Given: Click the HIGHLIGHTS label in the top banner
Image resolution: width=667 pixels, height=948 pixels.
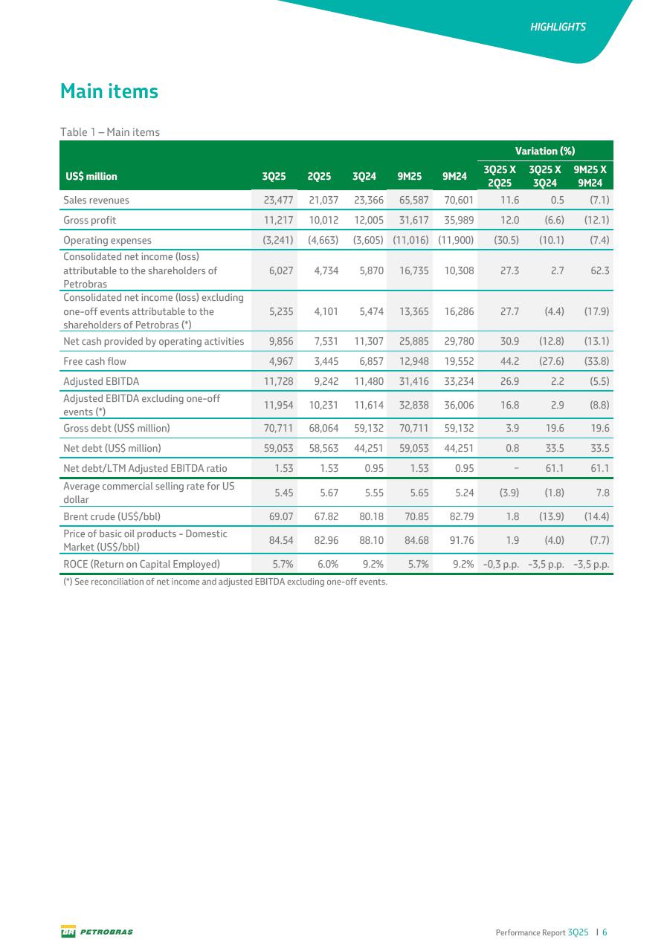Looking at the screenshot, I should (558, 27).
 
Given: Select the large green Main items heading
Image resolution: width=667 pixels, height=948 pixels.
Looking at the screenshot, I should (109, 91).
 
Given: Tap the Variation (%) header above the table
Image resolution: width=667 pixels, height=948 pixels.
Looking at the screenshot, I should (547, 151).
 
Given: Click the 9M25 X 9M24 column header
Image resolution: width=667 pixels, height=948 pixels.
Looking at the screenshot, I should (591, 176).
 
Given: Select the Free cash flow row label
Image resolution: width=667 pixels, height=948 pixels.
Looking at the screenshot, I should (94, 361).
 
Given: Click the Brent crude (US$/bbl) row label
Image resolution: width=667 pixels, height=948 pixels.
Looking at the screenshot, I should (112, 516).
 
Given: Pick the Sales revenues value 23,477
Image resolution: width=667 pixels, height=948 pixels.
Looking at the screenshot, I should (275, 200).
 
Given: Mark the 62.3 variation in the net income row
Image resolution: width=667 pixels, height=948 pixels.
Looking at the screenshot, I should (599, 271).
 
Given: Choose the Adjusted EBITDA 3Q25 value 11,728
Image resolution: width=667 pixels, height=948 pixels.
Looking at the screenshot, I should (275, 381).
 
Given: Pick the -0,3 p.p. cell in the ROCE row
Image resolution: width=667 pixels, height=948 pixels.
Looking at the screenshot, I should (499, 564).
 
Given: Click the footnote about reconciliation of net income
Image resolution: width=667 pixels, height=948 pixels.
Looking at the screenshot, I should (225, 582).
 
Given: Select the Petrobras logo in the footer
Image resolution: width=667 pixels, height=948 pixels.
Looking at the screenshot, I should (97, 932).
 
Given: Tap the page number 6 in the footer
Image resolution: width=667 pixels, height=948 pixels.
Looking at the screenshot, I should (605, 932).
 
